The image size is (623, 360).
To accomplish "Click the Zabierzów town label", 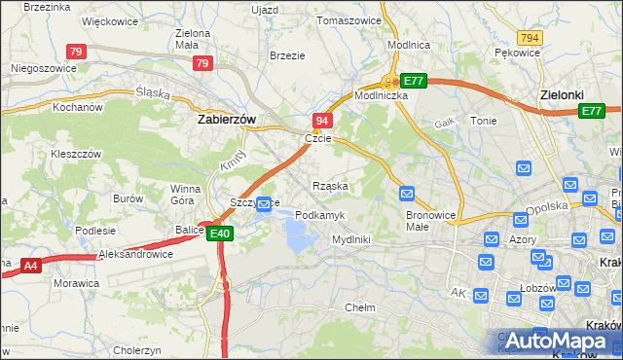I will tap(226, 119).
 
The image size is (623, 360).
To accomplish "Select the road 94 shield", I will tap(322, 121).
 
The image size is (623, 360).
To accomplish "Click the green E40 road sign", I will tap(219, 234).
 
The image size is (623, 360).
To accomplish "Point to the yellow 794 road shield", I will tap(530, 37).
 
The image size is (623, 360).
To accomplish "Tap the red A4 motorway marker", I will tap(30, 264).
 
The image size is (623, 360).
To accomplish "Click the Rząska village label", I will tap(330, 185).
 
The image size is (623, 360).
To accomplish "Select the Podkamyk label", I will tap(319, 214).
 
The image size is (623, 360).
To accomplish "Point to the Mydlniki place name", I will tap(351, 238).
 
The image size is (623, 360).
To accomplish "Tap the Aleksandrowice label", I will tap(136, 254).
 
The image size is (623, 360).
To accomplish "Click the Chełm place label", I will tap(360, 307).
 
